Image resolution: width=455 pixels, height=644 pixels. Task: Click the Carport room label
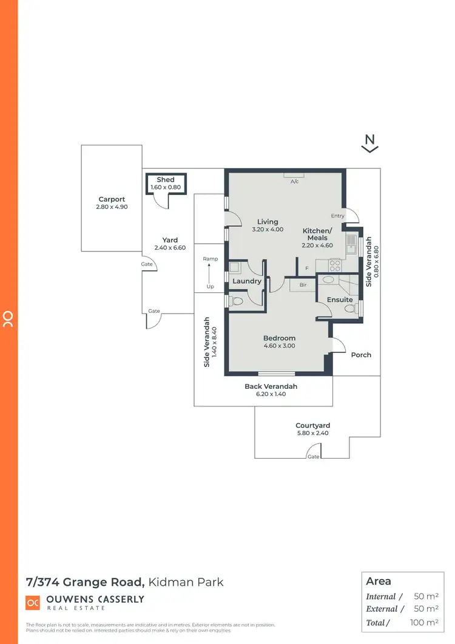point(112,199)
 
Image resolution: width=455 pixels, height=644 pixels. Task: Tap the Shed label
point(166,180)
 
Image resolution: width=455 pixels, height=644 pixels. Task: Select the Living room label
point(268,222)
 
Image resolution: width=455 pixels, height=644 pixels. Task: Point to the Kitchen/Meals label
point(318,234)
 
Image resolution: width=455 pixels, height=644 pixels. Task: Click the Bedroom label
point(279,338)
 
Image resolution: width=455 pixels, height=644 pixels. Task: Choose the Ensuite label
point(340,300)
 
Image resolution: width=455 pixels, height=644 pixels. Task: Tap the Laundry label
point(247,281)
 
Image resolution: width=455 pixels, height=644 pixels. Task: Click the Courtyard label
point(313,426)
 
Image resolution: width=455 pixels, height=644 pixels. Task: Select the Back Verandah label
point(271,386)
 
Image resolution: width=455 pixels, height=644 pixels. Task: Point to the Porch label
point(361,355)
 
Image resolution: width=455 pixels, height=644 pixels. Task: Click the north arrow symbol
point(371,143)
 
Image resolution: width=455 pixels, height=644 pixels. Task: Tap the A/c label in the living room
point(294,182)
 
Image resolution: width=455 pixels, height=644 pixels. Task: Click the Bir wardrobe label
point(303,284)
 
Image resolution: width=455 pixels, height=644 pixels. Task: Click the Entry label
point(337,216)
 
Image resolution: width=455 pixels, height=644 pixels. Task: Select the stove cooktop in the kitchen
point(335,265)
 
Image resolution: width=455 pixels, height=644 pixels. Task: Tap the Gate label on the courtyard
point(313,456)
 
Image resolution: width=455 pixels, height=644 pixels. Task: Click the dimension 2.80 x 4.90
point(112,207)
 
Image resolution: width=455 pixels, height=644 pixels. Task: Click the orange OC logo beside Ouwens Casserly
point(33,602)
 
